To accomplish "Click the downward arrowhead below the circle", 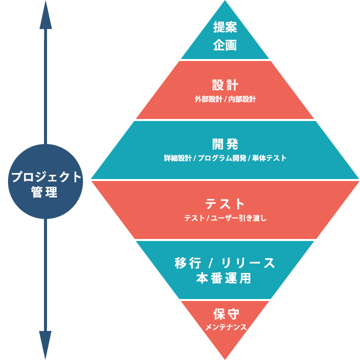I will click(x=45, y=345).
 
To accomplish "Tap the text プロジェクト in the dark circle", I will click(x=46, y=177).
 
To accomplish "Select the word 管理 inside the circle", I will click(x=45, y=192).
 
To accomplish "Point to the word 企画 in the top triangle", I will click(x=224, y=45).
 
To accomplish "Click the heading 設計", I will click(x=225, y=84).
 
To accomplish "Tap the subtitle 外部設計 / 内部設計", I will click(x=225, y=99).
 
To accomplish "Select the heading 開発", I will click(x=225, y=144).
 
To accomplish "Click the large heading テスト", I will click(x=225, y=204).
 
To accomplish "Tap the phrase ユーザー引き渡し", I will click(x=237, y=218).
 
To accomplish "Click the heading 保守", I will click(x=225, y=314).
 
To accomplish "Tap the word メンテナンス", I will click(x=225, y=328).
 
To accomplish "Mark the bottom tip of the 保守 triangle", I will click(x=225, y=358).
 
